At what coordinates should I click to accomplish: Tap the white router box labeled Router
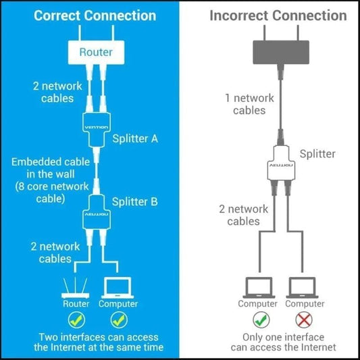(97, 51)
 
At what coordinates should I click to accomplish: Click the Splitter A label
(135, 138)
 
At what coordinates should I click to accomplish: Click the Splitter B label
(135, 201)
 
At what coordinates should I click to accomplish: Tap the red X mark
(305, 319)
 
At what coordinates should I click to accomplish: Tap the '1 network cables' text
(249, 104)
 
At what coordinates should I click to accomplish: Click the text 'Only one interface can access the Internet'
(283, 342)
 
